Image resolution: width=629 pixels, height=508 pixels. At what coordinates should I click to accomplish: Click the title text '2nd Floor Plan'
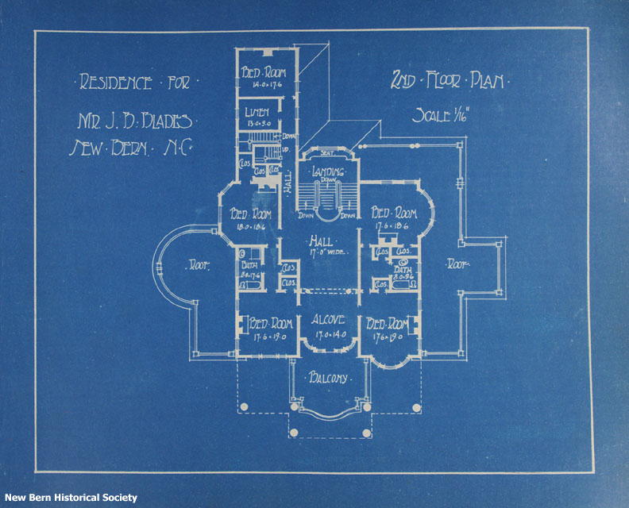pos(450,80)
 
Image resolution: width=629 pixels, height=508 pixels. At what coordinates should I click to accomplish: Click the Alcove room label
pos(326,321)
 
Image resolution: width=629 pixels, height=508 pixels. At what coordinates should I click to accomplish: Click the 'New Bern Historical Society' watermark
pos(70,498)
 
